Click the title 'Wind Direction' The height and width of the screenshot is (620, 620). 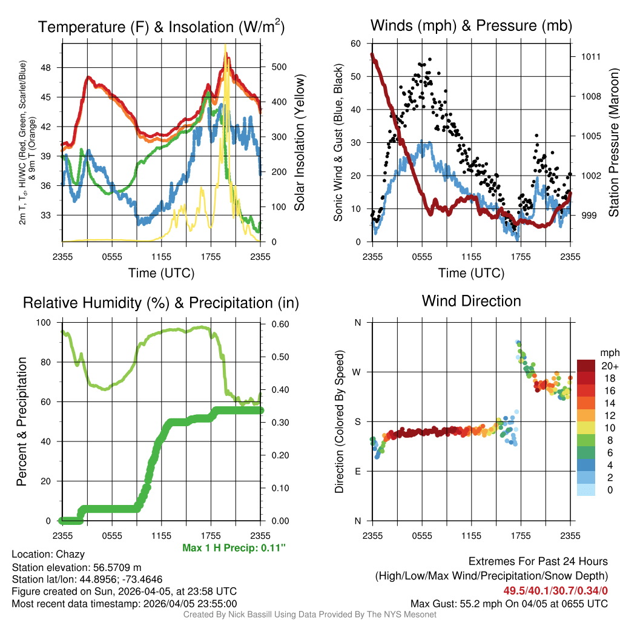(471, 301)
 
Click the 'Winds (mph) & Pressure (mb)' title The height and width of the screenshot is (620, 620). (471, 25)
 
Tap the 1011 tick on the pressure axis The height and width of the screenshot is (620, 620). (591, 57)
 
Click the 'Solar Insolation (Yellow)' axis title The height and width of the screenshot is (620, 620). (299, 142)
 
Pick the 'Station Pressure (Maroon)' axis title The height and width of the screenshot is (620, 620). (613, 142)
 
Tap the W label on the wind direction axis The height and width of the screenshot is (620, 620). (357, 372)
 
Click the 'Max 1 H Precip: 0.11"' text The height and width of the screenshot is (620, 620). (233, 548)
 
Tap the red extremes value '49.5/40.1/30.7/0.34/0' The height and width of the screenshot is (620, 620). (555, 590)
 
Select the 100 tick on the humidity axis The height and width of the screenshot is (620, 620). (44, 323)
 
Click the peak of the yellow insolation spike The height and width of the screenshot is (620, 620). (225, 46)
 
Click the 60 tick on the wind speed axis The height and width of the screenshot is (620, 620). (356, 44)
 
